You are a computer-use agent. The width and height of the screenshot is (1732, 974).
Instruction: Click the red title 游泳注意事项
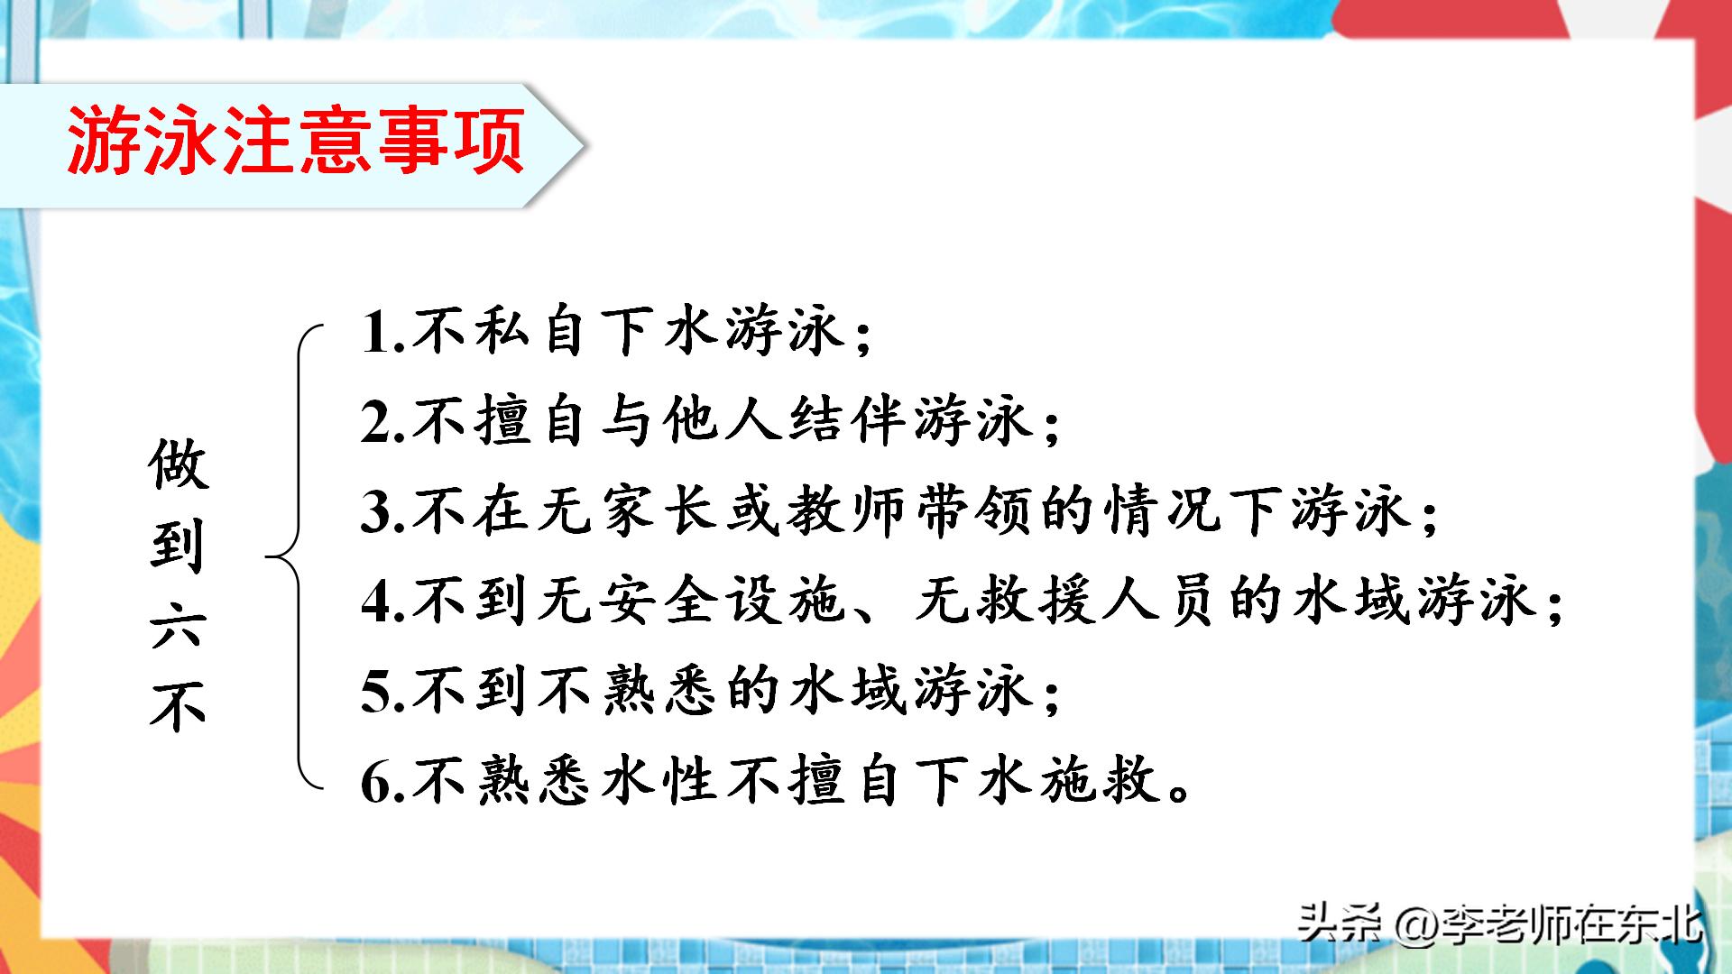tap(296, 141)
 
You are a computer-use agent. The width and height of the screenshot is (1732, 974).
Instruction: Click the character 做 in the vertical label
tap(179, 465)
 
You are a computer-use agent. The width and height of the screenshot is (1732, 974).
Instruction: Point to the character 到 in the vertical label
tap(179, 545)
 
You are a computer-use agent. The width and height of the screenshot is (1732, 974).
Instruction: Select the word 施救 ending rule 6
tap(1097, 781)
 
